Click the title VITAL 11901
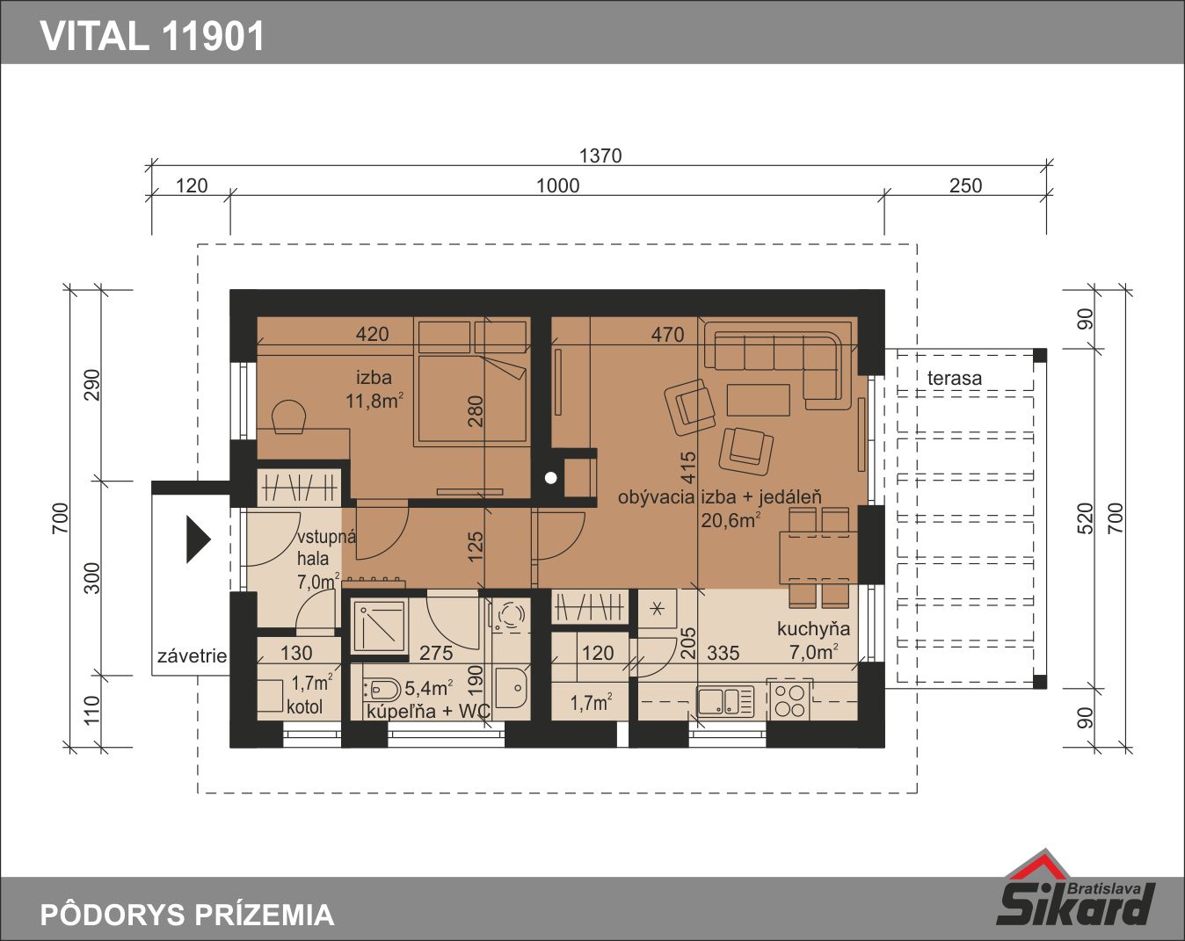pos(153,36)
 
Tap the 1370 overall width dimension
pos(600,156)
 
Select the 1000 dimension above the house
pos(558,186)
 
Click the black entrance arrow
pos(199,539)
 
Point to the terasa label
pos(955,378)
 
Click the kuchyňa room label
pos(813,629)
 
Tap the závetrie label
pos(192,656)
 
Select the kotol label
pos(304,706)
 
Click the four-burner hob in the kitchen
pos(789,700)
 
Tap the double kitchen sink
pos(725,701)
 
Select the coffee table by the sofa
pos(759,400)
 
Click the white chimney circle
pos(550,478)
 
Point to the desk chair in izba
pos(288,417)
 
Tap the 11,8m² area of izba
pos(374,401)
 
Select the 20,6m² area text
pos(731,520)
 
